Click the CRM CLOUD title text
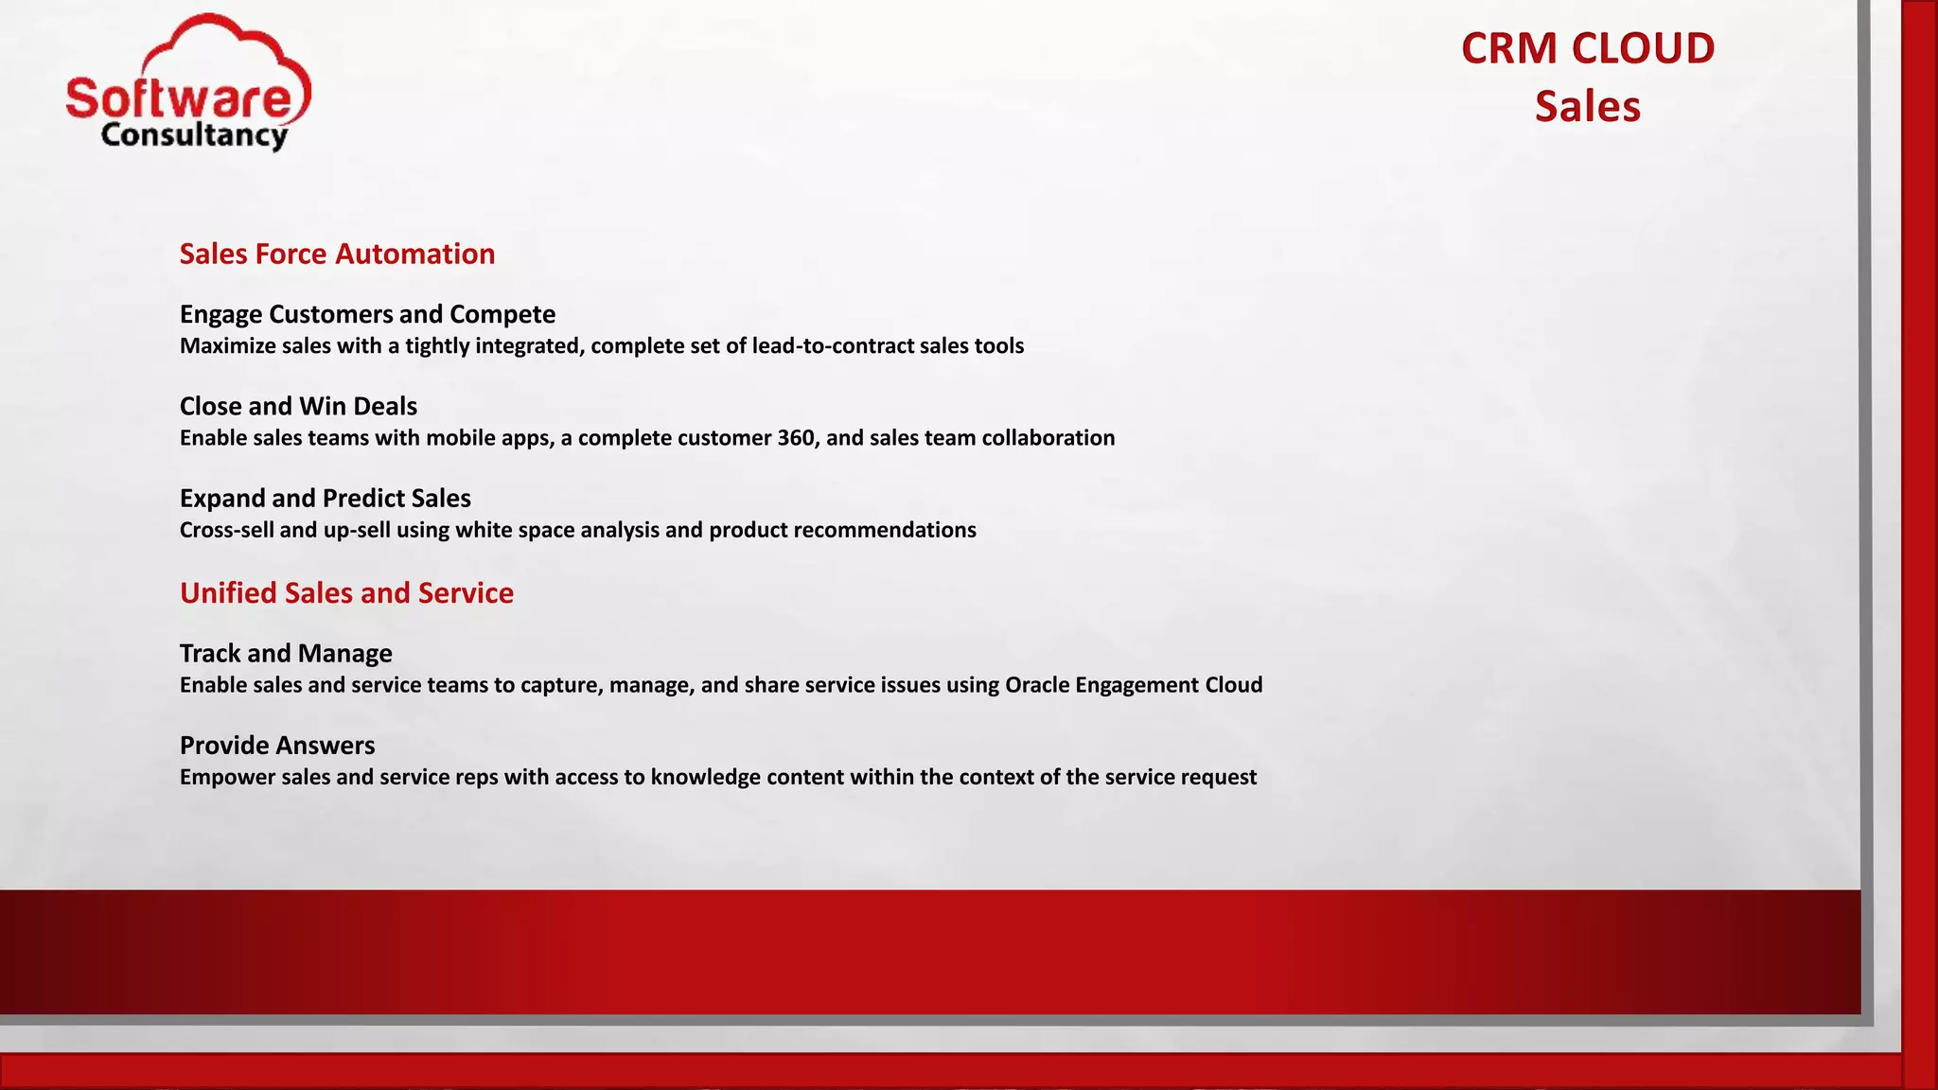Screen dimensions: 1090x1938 tap(1587, 49)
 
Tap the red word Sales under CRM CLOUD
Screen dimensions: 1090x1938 tap(1587, 107)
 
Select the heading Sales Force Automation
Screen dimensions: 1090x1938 tap(337, 254)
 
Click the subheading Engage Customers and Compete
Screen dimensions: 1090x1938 tap(367, 314)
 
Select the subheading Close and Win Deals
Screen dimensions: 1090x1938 tap(298, 406)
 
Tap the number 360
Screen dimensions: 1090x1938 tap(795, 438)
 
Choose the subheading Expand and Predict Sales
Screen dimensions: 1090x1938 tap(325, 498)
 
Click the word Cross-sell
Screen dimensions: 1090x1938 tap(226, 530)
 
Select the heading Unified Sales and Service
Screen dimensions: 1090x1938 tap(346, 593)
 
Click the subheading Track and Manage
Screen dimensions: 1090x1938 tap(286, 653)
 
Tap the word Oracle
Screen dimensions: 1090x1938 tap(1037, 685)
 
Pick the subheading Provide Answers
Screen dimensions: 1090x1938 tap(277, 746)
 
